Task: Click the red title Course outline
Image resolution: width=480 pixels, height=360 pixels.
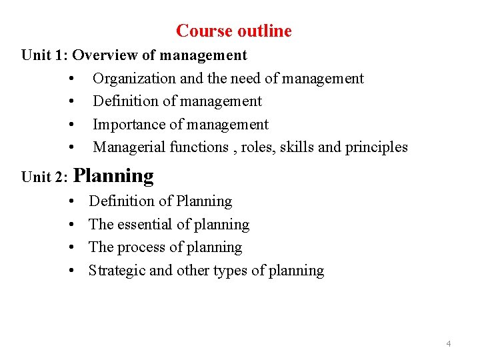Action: click(234, 31)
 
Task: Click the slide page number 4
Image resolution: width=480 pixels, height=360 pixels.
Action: click(448, 344)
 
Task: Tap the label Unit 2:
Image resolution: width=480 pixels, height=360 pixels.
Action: click(45, 177)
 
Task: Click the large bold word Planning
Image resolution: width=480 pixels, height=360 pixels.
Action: click(113, 176)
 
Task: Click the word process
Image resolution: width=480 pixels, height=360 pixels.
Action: click(140, 247)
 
